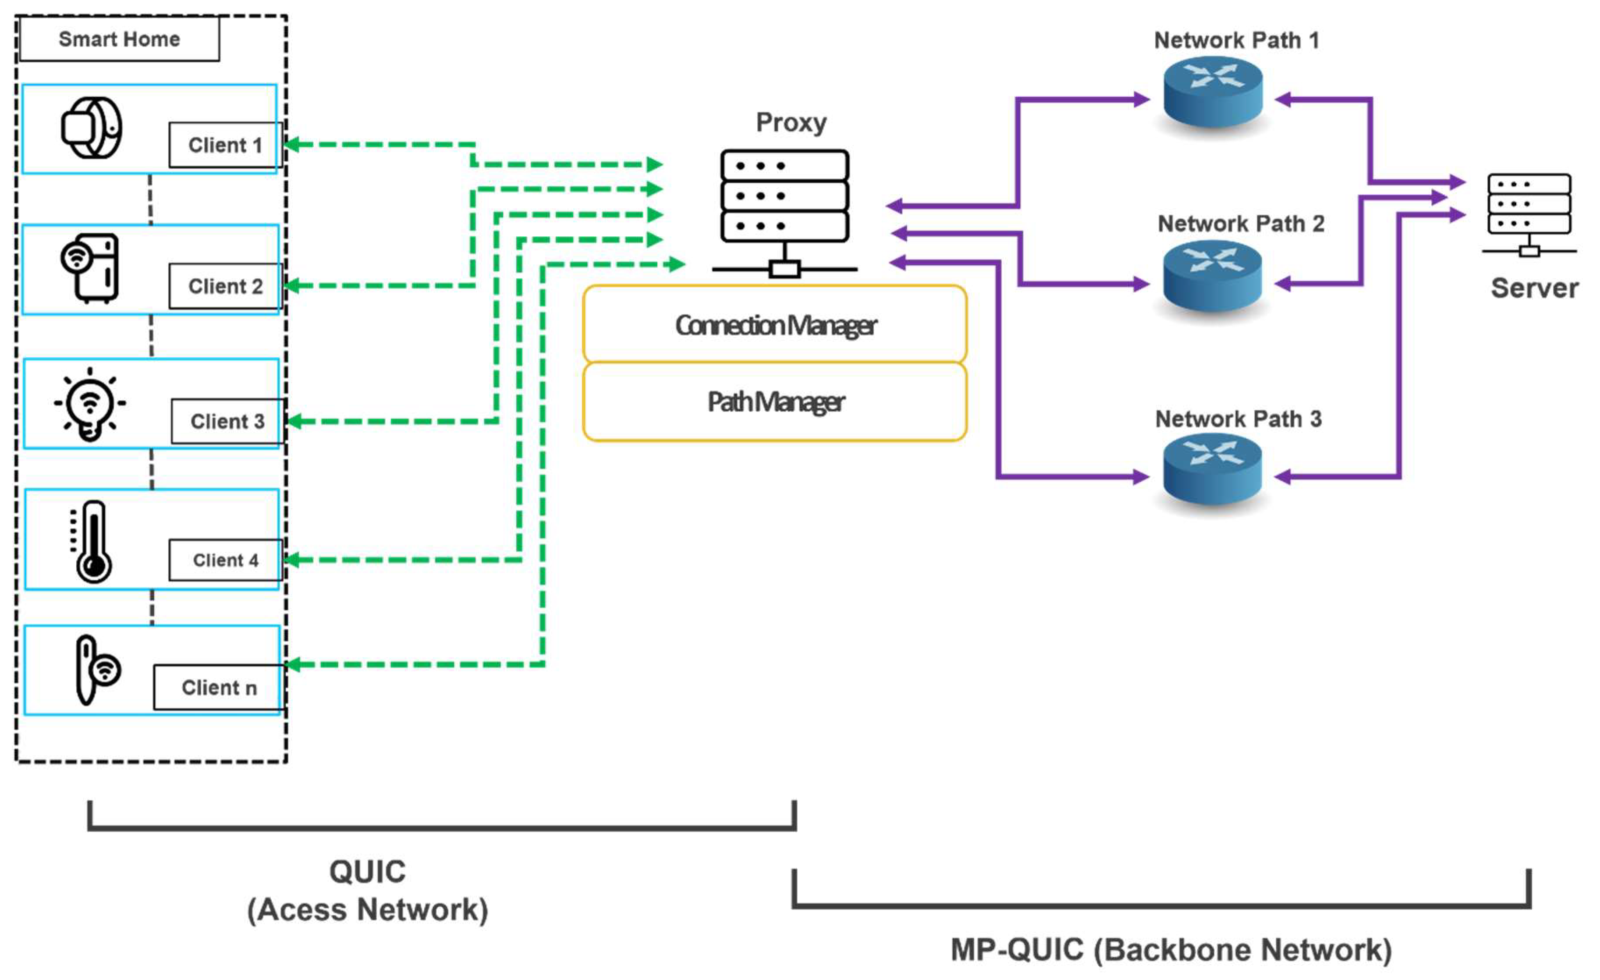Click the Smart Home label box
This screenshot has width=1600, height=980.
click(x=120, y=39)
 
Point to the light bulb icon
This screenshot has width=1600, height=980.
click(x=90, y=404)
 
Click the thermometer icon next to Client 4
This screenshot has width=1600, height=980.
click(x=91, y=542)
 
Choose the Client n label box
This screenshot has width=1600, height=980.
click(x=219, y=687)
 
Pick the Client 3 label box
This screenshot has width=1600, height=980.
click(x=227, y=422)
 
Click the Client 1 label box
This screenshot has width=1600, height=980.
click(x=225, y=145)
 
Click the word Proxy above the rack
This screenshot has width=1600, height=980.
click(x=791, y=123)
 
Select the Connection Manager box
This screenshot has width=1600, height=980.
click(x=775, y=325)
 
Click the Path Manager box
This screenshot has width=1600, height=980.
click(x=775, y=402)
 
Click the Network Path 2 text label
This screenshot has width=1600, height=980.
click(x=1241, y=224)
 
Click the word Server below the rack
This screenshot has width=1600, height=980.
click(x=1534, y=288)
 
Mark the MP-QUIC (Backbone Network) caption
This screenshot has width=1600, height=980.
click(x=1171, y=949)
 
